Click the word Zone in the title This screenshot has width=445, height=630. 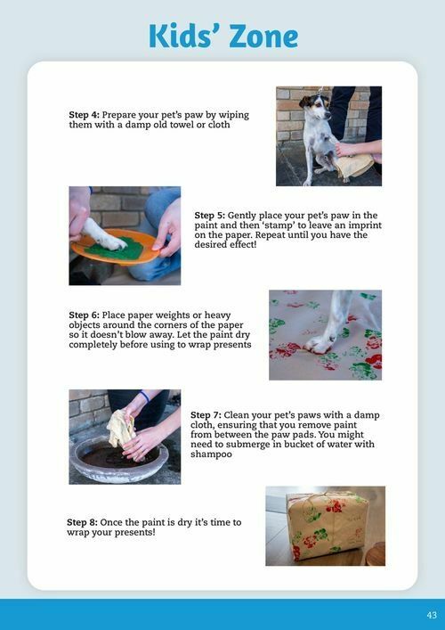coord(262,37)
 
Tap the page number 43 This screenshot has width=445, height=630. coord(432,615)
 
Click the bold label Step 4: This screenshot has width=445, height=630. coord(84,115)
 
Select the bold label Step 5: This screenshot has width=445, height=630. coord(210,216)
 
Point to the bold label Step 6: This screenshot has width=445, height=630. coord(84,315)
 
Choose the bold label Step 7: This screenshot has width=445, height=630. coord(206,415)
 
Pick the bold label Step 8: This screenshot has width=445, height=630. coord(82,522)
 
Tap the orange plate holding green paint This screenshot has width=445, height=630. coord(116,247)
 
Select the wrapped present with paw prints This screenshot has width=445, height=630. coord(327,526)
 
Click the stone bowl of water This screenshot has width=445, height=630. coord(118,460)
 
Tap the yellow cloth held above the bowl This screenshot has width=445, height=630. coord(120,429)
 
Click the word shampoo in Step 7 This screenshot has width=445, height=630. coord(211,454)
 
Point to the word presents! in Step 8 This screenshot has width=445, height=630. coord(135,533)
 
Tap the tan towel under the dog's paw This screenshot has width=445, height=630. coord(354,165)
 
